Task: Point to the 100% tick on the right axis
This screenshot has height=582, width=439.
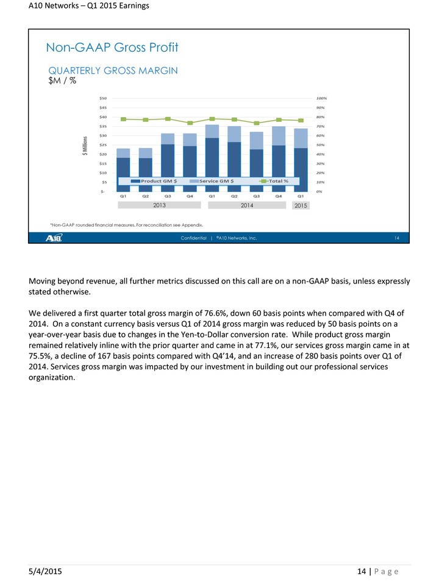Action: point(322,98)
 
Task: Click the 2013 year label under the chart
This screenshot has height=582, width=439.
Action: point(160,206)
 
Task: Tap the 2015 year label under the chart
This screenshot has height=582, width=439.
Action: point(300,207)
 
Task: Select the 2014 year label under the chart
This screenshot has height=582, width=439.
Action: point(247,206)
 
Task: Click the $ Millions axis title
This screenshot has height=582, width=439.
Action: point(85,145)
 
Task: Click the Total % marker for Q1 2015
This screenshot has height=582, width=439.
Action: point(301,121)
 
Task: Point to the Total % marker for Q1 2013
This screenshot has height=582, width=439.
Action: point(123,119)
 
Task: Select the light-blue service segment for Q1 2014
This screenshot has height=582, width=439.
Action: point(212,131)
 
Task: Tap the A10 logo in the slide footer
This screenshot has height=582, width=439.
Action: point(53,238)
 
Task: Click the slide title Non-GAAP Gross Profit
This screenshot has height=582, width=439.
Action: point(112,47)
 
